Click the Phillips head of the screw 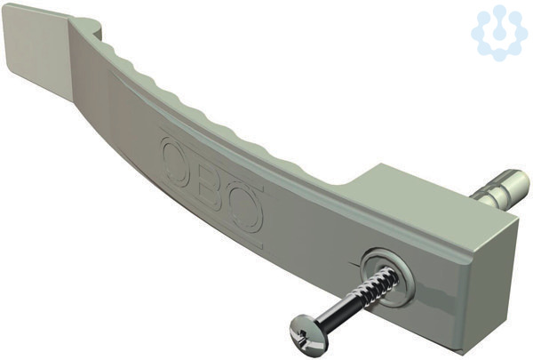[303, 329]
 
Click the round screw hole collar [387, 275]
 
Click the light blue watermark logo [498, 32]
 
